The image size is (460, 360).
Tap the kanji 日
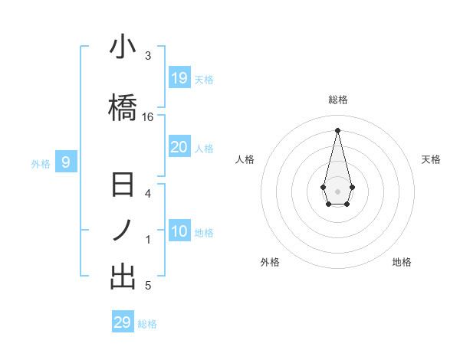click(x=123, y=186)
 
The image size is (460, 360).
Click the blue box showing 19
click(x=179, y=78)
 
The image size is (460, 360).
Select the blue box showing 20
click(x=179, y=147)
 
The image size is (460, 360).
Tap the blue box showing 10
click(x=179, y=232)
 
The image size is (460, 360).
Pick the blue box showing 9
click(x=66, y=162)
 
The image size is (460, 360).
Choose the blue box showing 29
click(x=123, y=322)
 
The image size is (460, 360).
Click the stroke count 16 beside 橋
click(x=148, y=117)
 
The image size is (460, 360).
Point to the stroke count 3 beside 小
click(x=148, y=56)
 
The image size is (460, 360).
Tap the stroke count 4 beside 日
click(x=148, y=193)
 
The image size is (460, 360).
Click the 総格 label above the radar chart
click(x=337, y=100)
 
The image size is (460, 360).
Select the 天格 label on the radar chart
click(x=432, y=159)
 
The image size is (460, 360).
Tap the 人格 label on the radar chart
click(x=245, y=159)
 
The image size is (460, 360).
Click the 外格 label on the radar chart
click(x=270, y=262)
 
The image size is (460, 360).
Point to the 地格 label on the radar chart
click(x=402, y=262)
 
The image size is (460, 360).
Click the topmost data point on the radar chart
click(x=337, y=129)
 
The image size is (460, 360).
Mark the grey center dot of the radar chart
click(x=337, y=191)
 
